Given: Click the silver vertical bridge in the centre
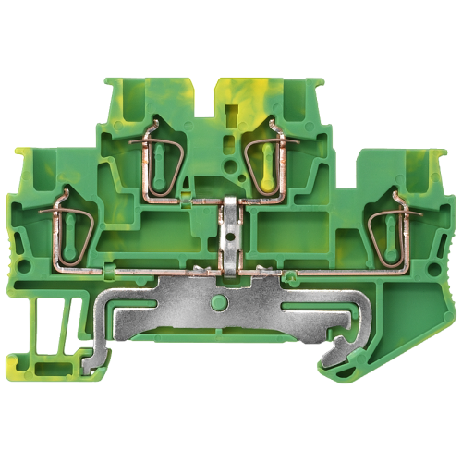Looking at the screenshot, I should point(230,231).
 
